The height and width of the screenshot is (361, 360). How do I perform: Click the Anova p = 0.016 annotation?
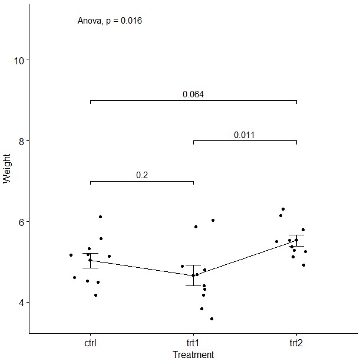pos(110,21)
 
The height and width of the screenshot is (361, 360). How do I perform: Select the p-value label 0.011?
pos(244,135)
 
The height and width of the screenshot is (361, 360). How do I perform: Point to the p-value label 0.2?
pos(141,175)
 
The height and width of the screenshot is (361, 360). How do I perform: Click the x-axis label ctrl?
pos(90,343)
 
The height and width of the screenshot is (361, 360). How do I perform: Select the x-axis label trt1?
pos(193,343)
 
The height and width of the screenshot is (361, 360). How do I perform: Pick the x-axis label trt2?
pos(296,343)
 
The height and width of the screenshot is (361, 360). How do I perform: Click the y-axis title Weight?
pos(7,169)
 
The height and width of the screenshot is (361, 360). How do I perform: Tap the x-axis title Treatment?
pos(193,355)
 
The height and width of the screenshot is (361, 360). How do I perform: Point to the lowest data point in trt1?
pos(212,319)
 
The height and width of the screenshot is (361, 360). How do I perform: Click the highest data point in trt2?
pos(283,209)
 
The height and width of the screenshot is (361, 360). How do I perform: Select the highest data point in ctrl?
pos(101,216)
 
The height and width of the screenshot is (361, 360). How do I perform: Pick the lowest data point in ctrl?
pos(95,295)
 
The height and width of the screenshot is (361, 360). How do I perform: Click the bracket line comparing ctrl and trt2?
pos(193,100)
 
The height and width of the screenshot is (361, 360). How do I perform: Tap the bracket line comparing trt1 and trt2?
pos(245,141)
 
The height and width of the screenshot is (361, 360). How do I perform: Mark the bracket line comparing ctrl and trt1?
pos(141,181)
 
